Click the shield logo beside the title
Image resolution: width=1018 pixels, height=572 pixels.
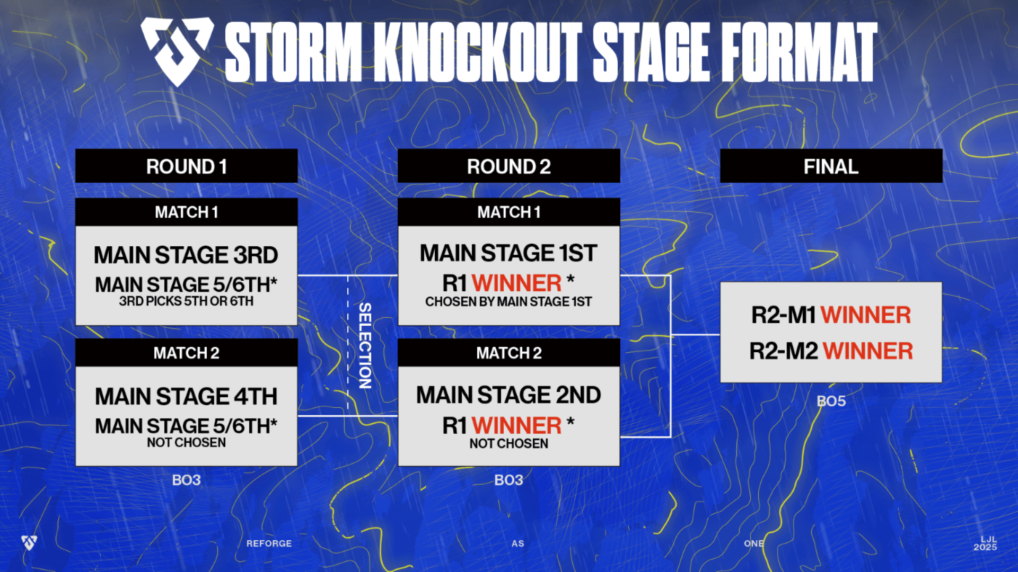click(177, 50)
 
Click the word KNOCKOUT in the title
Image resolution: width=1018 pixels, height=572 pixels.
click(477, 52)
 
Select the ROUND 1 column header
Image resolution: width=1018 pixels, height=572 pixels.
click(186, 166)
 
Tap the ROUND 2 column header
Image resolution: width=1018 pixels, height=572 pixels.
click(508, 166)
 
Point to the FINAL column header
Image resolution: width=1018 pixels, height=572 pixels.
click(831, 166)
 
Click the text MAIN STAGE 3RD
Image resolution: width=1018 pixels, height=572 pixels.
click(186, 255)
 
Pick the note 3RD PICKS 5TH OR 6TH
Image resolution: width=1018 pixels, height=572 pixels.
click(186, 301)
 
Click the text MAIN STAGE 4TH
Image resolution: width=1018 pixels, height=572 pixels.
click(186, 397)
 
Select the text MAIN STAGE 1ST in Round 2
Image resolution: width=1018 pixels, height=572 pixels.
click(508, 253)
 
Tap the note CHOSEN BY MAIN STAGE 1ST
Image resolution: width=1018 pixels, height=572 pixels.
click(508, 302)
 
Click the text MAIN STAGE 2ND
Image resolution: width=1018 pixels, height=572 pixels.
click(508, 395)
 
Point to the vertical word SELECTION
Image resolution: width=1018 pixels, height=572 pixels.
click(365, 345)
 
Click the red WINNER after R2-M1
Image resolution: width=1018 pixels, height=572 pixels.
click(865, 316)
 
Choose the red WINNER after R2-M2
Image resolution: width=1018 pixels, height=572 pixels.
click(867, 351)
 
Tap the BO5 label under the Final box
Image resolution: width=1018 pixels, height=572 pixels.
click(831, 401)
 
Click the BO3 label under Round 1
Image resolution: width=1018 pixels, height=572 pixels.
click(186, 480)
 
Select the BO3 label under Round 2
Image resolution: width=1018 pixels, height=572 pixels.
click(508, 480)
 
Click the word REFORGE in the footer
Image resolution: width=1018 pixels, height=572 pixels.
click(269, 543)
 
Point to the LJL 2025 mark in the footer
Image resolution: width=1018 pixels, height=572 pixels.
click(985, 543)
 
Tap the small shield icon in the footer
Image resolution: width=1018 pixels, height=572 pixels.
click(29, 542)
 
